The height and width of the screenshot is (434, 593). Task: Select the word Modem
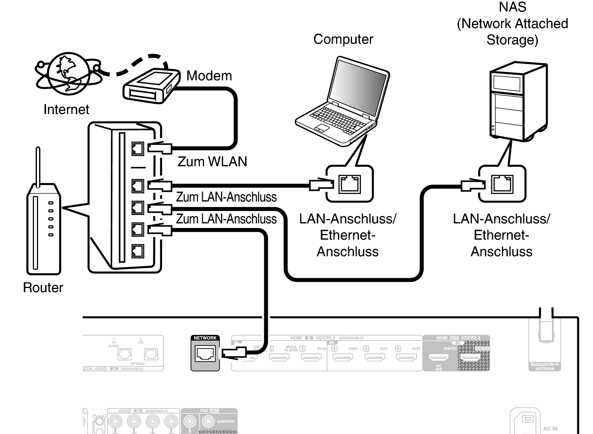point(209,76)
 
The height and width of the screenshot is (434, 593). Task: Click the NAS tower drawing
point(518,103)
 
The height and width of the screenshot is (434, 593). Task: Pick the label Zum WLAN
point(212,162)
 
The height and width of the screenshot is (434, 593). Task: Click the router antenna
point(38,167)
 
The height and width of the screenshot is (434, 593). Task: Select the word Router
point(43,287)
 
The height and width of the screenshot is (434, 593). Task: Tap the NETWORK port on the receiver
point(205,354)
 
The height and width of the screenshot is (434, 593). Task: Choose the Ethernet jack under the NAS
point(502,184)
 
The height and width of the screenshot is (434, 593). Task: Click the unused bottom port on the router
point(138,251)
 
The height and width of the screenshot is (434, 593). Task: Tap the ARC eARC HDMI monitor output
point(439,357)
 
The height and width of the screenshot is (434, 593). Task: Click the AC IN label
point(550,429)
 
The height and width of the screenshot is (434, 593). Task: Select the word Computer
point(343,39)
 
